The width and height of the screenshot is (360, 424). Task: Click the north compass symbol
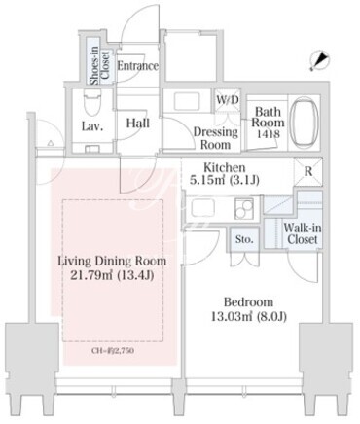point(319,60)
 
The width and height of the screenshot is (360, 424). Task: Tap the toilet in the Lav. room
point(92,102)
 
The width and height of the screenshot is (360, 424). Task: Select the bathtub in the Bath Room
point(304,123)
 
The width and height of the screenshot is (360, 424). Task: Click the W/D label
point(228,100)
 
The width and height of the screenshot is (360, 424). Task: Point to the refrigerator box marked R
point(308,172)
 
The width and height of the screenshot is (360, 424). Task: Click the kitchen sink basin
point(203,208)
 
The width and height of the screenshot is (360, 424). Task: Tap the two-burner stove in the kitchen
point(244,208)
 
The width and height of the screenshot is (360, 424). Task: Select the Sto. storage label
point(244,239)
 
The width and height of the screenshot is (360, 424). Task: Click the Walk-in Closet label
point(303,233)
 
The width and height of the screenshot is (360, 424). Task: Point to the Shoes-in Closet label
point(99,66)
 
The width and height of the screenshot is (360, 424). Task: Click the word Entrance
point(137,66)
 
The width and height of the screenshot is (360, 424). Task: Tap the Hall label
point(138,124)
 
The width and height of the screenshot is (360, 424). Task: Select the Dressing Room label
point(216,138)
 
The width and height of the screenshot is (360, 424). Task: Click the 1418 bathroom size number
point(269,133)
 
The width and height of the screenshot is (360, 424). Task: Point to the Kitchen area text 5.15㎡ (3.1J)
point(225,180)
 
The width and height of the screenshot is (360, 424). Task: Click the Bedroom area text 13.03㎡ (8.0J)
point(249,316)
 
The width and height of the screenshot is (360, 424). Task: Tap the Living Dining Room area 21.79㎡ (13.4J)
point(112,275)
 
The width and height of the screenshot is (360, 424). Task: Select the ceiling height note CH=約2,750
point(113,351)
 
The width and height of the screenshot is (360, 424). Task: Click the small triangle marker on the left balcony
point(51,143)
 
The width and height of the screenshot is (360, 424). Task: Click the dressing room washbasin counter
point(188,101)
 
